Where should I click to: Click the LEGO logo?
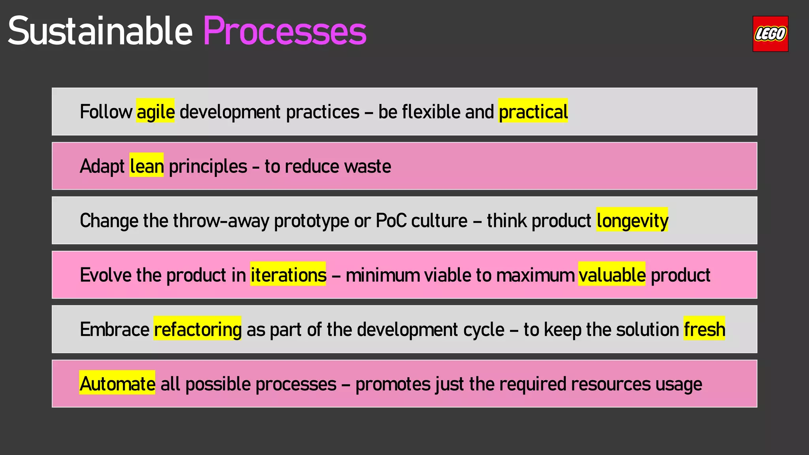770,34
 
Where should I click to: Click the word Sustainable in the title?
100,32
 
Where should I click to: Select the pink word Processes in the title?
284,32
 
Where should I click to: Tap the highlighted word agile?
155,111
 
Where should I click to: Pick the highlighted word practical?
533,111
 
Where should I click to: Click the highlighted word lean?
147,166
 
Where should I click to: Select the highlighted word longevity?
632,220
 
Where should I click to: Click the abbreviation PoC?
391,220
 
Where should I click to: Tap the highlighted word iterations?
288,275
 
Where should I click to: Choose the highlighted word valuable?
611,275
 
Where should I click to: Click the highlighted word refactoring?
198,329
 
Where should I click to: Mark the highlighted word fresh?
704,329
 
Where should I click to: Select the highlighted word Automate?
117,384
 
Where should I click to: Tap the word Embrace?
115,329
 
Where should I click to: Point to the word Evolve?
105,275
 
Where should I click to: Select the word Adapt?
102,166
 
